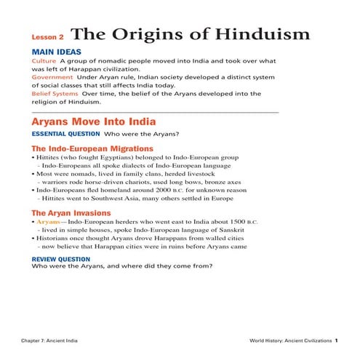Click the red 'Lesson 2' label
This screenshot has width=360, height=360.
[48, 36]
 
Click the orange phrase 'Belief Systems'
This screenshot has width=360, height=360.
[55, 93]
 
